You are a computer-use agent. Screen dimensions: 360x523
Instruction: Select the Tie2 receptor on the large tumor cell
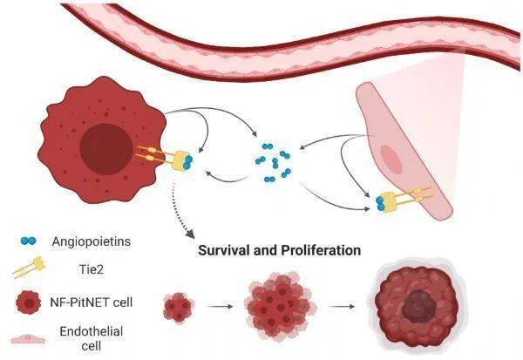click(173, 158)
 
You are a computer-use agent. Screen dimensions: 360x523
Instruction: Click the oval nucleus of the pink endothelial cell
click(393, 161)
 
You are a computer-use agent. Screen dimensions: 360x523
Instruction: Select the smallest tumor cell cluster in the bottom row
click(180, 307)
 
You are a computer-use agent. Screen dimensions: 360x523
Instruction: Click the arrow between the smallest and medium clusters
click(225, 307)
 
